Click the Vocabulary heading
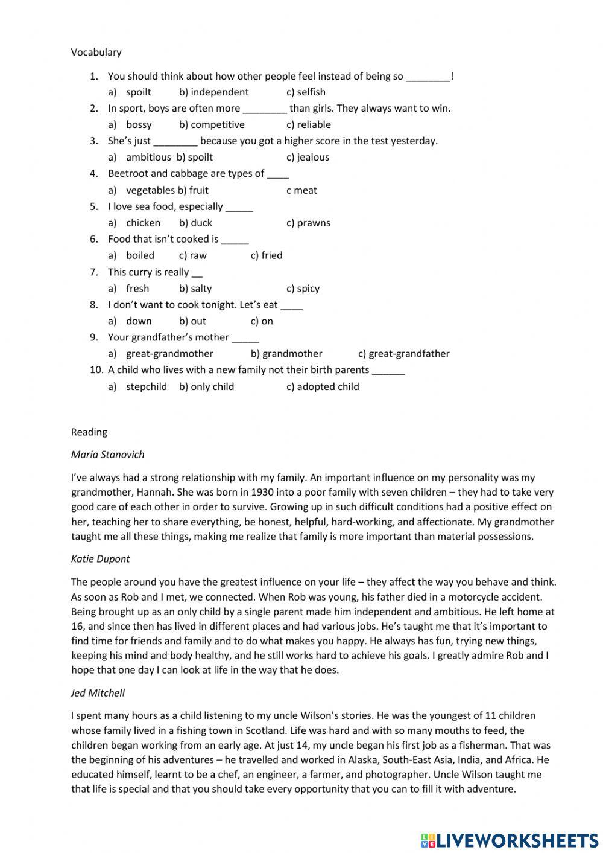point(96,53)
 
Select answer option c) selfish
point(306,92)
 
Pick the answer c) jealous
point(308,158)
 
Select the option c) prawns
point(308,223)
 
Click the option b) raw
point(192,255)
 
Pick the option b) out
point(192,321)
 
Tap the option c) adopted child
point(323,387)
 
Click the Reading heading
point(89,432)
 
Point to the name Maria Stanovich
point(107,455)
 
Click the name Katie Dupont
point(100,559)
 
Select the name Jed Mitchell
point(98,693)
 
